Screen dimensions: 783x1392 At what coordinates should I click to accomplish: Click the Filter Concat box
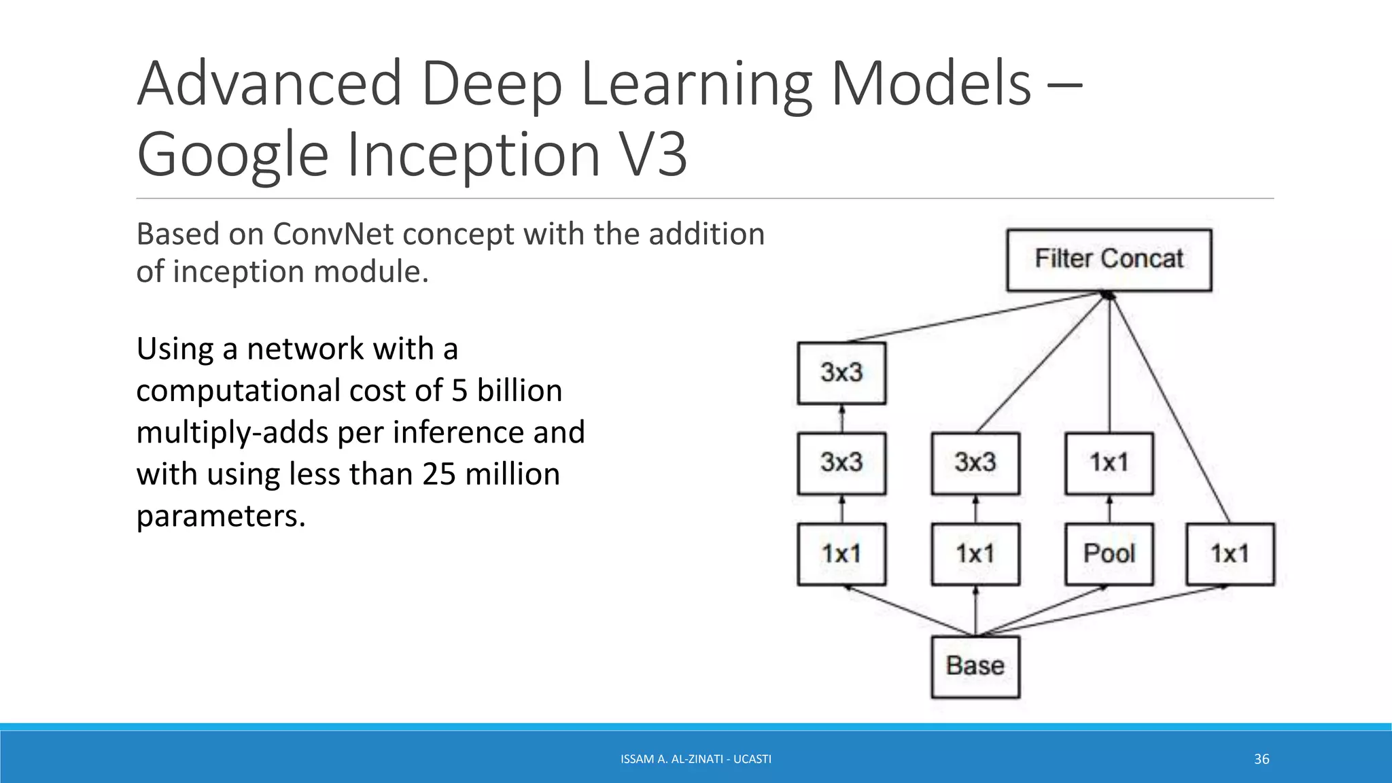[x=1109, y=260]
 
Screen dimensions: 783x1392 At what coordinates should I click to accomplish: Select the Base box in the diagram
[x=975, y=666]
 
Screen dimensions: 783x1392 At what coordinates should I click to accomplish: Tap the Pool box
[x=1109, y=554]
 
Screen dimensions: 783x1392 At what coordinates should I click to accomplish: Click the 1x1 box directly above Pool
[x=1109, y=464]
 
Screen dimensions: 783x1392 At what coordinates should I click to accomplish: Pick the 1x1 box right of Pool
[x=1230, y=554]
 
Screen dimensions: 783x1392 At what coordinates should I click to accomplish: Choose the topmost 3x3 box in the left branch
[x=841, y=373]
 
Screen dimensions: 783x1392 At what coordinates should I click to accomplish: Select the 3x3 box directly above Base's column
[x=975, y=464]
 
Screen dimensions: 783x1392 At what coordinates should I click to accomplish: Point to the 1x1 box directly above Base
[x=975, y=554]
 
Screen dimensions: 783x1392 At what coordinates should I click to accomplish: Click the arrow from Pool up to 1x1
[x=1109, y=509]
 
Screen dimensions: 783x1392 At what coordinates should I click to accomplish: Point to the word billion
[x=519, y=391]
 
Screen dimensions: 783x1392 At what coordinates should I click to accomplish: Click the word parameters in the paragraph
[x=220, y=517]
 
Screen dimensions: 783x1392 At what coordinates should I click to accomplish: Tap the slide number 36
[x=1261, y=759]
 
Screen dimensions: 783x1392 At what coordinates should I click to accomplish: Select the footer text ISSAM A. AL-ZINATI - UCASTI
[x=696, y=759]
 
